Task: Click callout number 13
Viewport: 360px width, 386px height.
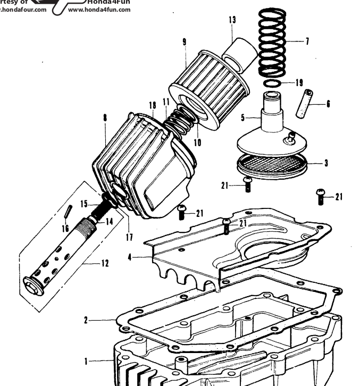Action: click(232, 20)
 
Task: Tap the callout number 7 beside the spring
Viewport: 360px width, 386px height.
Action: click(307, 41)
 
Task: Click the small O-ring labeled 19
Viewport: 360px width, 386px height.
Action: click(272, 84)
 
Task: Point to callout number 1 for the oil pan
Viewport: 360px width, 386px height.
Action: click(86, 361)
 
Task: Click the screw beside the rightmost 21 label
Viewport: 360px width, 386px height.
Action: click(321, 196)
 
